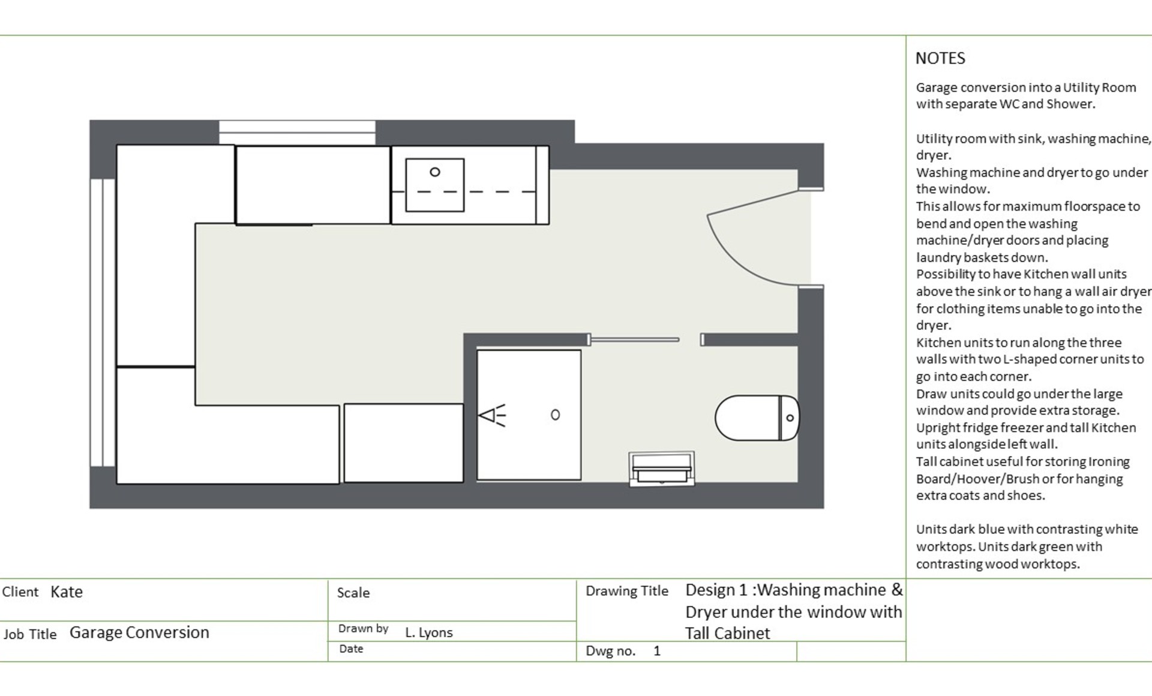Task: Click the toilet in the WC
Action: coord(750,418)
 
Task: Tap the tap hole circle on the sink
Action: coord(435,172)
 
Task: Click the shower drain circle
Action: coord(555,415)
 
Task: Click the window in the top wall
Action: coord(297,131)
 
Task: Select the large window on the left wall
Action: coord(102,322)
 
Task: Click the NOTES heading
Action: coord(940,59)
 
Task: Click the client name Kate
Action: coord(67,592)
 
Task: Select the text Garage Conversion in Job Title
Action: coord(139,632)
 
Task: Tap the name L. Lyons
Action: coord(428,632)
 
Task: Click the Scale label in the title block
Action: coord(353,593)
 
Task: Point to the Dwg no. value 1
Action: coord(657,651)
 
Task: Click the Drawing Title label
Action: coord(626,591)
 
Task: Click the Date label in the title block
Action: coord(351,649)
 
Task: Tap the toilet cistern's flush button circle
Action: coord(790,418)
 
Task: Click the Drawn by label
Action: coord(363,628)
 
